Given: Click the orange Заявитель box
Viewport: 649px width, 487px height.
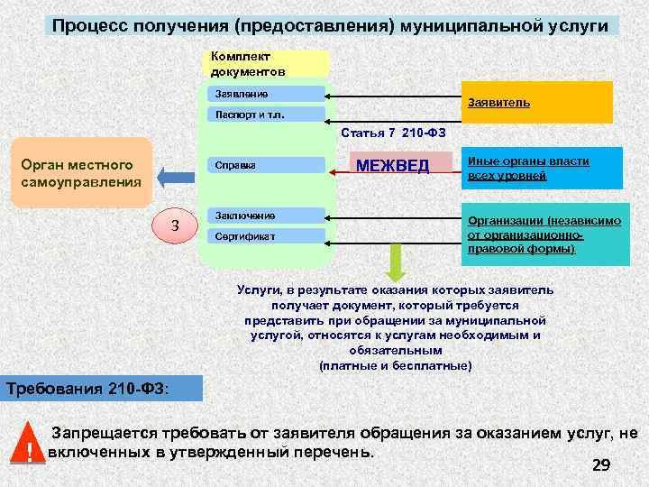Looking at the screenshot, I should point(536,102).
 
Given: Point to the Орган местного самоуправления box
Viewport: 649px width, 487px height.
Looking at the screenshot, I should point(81,173).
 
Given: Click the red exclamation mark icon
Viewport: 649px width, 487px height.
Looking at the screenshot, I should point(31,446).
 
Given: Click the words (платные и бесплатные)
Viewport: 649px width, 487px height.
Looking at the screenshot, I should point(395,365).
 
